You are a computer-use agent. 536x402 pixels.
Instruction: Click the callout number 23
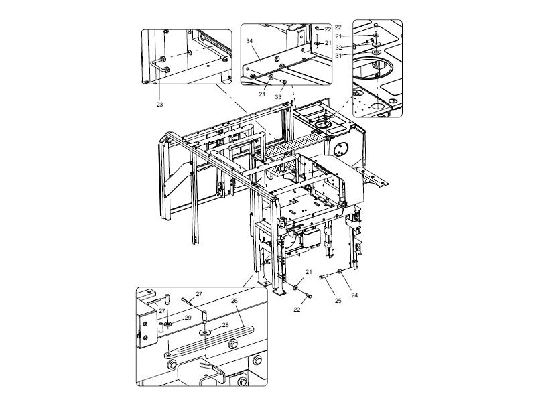160,105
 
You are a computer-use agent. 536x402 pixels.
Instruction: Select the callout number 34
249,41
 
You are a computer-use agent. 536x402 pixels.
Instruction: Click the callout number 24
354,295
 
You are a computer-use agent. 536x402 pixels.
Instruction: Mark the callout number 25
338,301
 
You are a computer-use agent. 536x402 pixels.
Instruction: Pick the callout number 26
234,301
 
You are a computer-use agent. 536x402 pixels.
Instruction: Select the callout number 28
225,325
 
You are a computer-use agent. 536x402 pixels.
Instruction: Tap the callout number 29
188,318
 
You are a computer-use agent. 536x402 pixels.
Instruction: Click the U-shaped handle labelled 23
161,64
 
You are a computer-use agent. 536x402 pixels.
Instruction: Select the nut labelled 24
341,271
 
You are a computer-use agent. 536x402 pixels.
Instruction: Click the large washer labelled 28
204,331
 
